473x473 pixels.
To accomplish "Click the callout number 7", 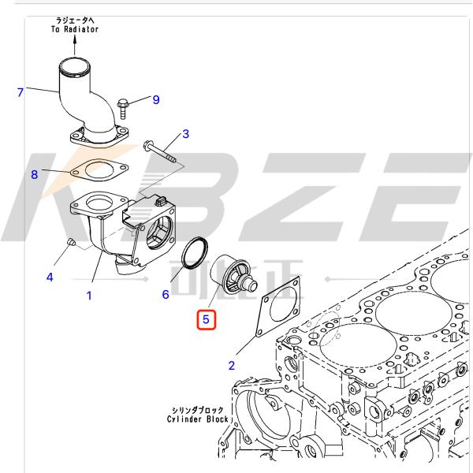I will coord(21,93).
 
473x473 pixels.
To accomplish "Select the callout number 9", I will coord(156,99).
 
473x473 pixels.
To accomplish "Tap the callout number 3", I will coord(185,134).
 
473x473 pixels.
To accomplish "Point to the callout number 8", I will coord(35,175).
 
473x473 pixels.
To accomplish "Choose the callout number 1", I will coord(89,296).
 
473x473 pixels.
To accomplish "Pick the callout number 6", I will coord(166,295).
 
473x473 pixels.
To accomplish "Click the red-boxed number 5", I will coord(205,320).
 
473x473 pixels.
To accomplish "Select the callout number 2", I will coord(232,365).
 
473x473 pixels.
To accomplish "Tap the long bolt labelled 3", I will coord(163,155).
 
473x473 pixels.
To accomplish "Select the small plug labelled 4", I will coord(69,240).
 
